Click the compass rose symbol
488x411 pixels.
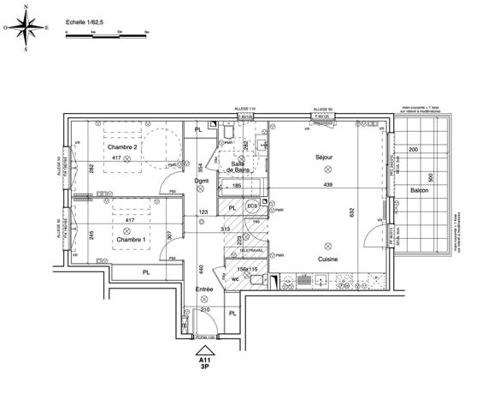[26, 27]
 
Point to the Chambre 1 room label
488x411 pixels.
[131, 240]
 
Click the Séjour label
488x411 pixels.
[323, 158]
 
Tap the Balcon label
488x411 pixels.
[419, 190]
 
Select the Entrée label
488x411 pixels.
[203, 289]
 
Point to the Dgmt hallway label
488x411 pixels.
[202, 181]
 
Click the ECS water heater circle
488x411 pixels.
[252, 206]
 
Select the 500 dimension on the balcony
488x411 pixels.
[432, 177]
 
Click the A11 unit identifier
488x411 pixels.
[205, 362]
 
